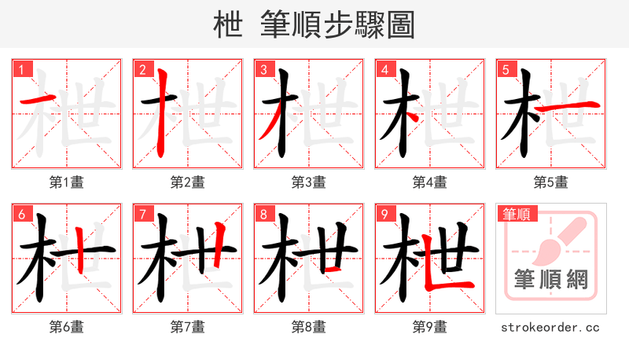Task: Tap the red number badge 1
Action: [x=20, y=69]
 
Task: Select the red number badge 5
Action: [x=505, y=69]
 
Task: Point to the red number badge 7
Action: [x=142, y=214]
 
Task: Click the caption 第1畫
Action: [x=66, y=182]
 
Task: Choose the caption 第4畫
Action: [x=429, y=182]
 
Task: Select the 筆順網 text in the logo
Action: [x=550, y=280]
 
